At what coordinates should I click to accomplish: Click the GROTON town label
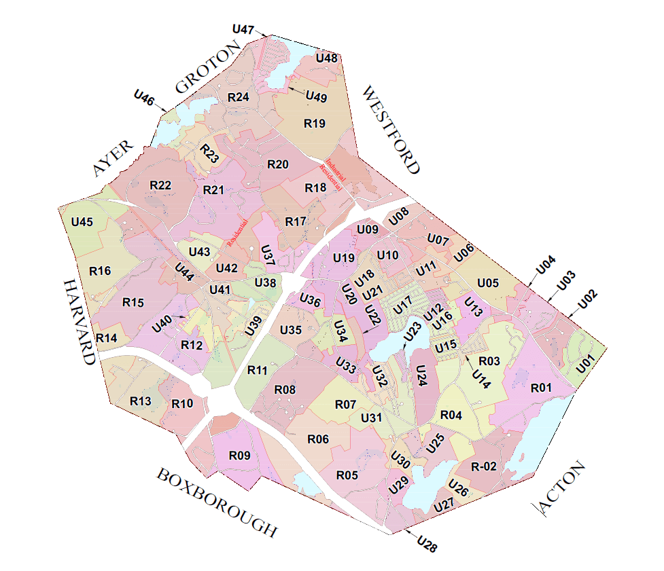click(x=208, y=67)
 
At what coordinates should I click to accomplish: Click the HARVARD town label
click(x=79, y=321)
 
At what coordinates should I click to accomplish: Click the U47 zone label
click(x=243, y=30)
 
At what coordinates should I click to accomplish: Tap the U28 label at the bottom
click(x=427, y=542)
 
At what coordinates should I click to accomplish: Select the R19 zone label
click(x=315, y=124)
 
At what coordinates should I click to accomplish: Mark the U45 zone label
click(x=82, y=222)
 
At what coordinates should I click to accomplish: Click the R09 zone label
click(x=240, y=456)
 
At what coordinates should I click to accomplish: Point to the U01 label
click(x=585, y=364)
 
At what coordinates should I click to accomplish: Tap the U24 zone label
click(x=421, y=375)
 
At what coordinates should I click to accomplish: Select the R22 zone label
click(x=160, y=185)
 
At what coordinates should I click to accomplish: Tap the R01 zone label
click(x=541, y=388)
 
